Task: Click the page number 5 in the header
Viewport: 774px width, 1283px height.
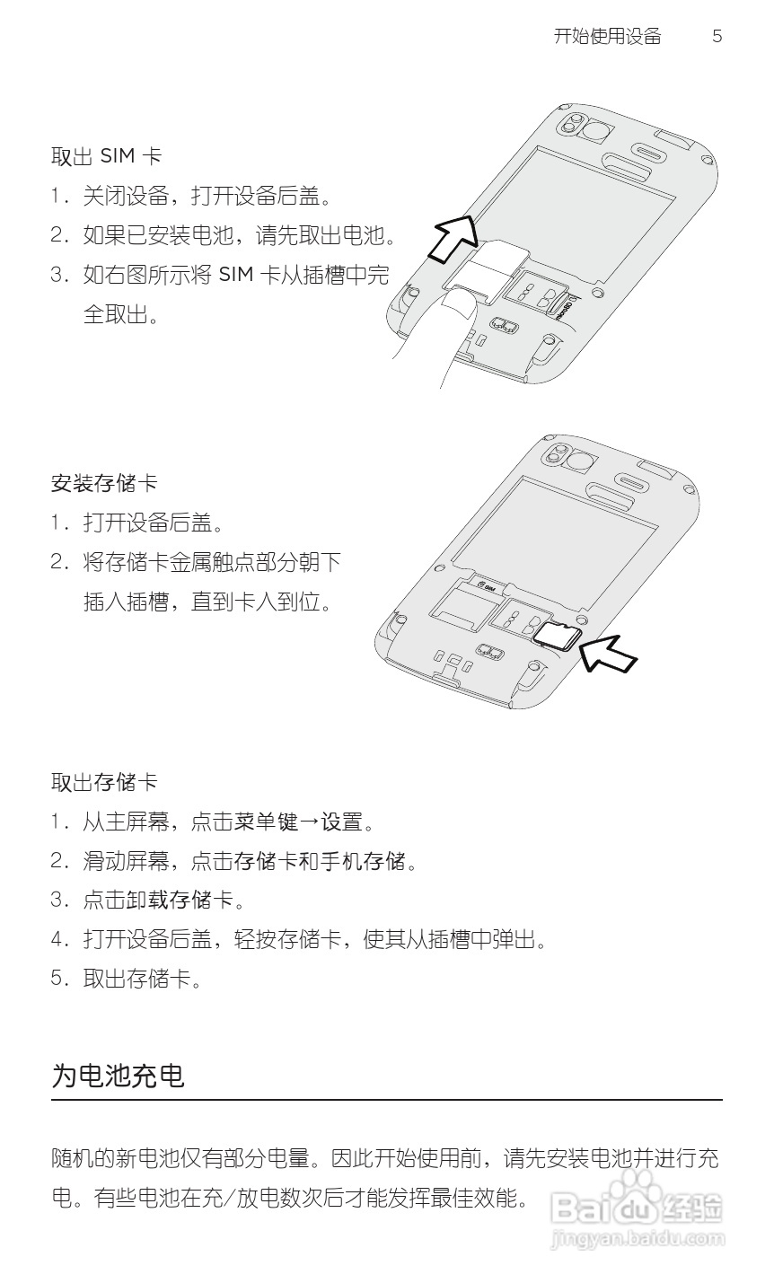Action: click(x=717, y=37)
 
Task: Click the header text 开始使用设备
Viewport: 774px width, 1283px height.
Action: click(x=607, y=37)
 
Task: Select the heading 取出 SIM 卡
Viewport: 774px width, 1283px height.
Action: click(x=106, y=156)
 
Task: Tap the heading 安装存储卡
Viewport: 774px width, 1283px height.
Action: click(x=104, y=483)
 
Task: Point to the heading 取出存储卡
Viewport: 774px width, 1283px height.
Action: click(x=104, y=782)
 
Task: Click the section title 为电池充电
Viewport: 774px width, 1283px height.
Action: click(x=118, y=1075)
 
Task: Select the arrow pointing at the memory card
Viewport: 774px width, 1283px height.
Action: click(x=608, y=653)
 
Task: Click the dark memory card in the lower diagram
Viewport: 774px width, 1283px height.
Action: click(x=558, y=636)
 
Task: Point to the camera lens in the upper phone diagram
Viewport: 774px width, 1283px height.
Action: click(x=594, y=132)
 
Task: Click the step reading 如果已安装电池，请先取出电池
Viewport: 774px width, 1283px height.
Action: click(x=239, y=236)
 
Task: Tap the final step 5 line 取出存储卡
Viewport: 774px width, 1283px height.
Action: click(x=138, y=979)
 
